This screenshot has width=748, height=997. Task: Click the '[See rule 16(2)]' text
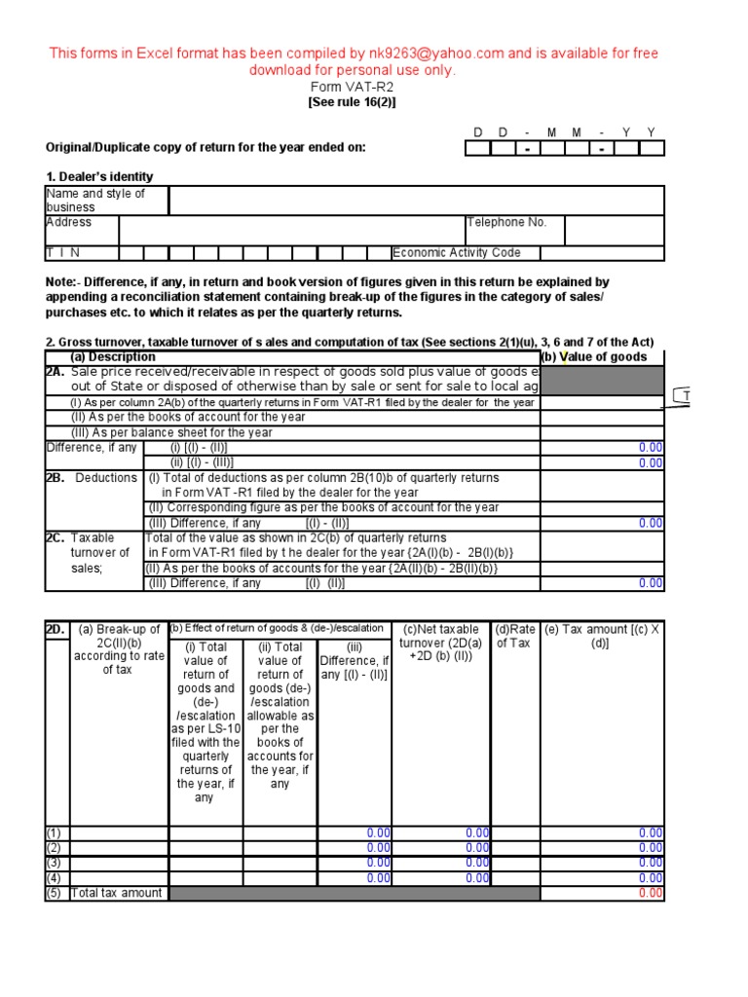(x=353, y=101)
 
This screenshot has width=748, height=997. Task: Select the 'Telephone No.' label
(x=506, y=222)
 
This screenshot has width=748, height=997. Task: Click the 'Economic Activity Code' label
(x=456, y=253)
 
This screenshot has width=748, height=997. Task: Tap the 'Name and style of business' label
(x=95, y=201)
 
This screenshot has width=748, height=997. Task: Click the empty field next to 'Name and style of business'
(x=416, y=201)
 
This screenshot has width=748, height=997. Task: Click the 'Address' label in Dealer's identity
(x=69, y=222)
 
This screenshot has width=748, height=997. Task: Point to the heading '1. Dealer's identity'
(x=99, y=176)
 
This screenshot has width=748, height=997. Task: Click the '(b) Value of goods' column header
(x=602, y=357)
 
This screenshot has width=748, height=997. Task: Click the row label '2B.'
(x=56, y=478)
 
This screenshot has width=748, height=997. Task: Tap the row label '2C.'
(x=56, y=537)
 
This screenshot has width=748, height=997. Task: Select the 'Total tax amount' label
(x=118, y=893)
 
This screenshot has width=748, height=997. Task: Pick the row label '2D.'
(x=56, y=629)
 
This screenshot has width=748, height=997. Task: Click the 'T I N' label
(x=59, y=253)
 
